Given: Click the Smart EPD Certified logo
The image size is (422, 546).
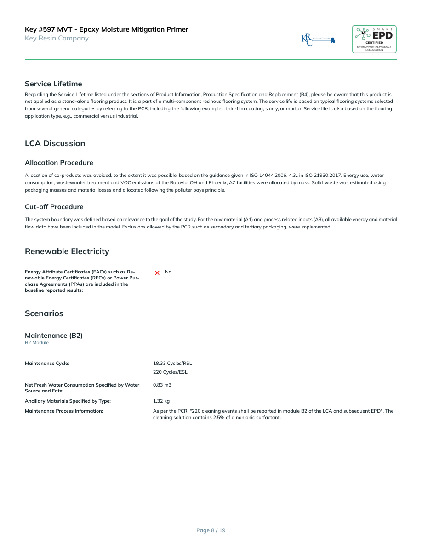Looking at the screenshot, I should [x=374, y=39].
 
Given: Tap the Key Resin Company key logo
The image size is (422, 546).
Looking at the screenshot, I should [x=319, y=40].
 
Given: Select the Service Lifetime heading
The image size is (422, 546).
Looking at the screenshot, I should [x=53, y=84].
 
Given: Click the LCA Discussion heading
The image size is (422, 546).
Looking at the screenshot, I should [x=55, y=143].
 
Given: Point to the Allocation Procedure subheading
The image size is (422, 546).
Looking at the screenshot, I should [x=59, y=163].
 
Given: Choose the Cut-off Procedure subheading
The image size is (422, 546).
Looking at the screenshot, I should [x=54, y=207].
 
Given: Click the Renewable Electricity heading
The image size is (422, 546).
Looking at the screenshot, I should [x=67, y=251].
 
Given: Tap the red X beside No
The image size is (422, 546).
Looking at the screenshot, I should [x=157, y=273].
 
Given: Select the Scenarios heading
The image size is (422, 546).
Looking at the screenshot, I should [x=44, y=313].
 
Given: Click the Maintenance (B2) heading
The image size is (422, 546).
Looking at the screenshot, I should [x=54, y=336].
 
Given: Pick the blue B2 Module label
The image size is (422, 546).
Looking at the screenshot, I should [x=37, y=343].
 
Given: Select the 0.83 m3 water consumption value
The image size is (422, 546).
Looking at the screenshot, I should [x=162, y=385].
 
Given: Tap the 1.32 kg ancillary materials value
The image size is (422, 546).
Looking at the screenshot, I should [x=161, y=401].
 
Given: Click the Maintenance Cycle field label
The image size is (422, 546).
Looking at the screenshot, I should [x=47, y=363].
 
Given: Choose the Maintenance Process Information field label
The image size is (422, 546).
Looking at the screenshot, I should [x=64, y=411].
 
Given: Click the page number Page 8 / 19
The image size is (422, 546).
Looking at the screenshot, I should [x=211, y=530].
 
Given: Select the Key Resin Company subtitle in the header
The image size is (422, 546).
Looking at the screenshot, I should [x=57, y=38].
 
